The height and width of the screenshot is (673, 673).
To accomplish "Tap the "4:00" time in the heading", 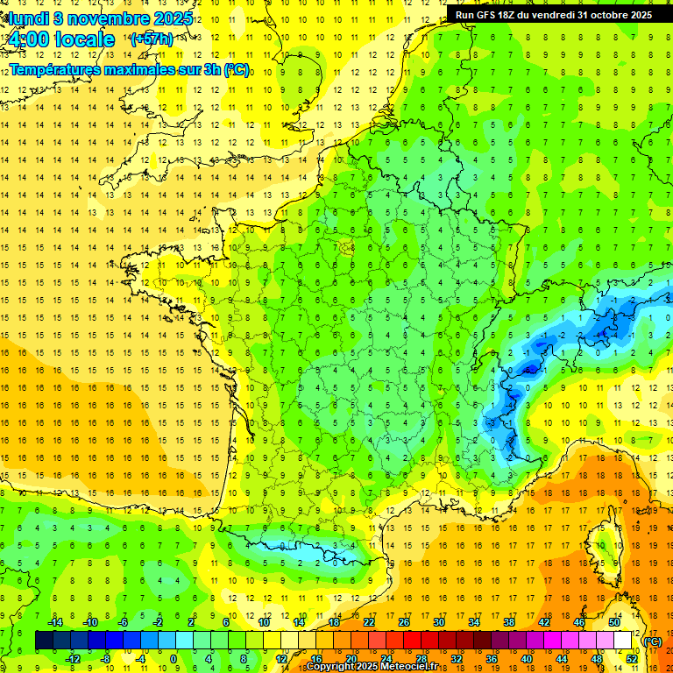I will pyautogui.click(x=29, y=39).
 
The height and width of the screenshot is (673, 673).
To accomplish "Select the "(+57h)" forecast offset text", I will pyautogui.click(x=151, y=39).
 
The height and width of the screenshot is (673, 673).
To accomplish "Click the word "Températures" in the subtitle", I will pyautogui.click(x=52, y=69).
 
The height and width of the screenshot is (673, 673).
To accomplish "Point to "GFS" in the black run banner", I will pyautogui.click(x=490, y=15).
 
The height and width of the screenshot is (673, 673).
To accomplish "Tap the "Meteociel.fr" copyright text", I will pyautogui.click(x=413, y=667).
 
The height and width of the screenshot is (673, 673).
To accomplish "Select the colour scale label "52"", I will pyautogui.click(x=631, y=658).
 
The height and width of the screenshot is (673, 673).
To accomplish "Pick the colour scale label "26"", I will pyautogui.click(x=404, y=622).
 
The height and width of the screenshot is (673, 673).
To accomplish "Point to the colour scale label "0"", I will pyautogui.click(x=174, y=658).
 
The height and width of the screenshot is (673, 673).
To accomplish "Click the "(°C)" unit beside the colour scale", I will pyautogui.click(x=652, y=641).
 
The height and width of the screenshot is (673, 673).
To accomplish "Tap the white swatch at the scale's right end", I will pyautogui.click(x=622, y=641).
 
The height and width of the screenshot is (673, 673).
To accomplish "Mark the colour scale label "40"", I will pyautogui.click(x=526, y=658).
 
